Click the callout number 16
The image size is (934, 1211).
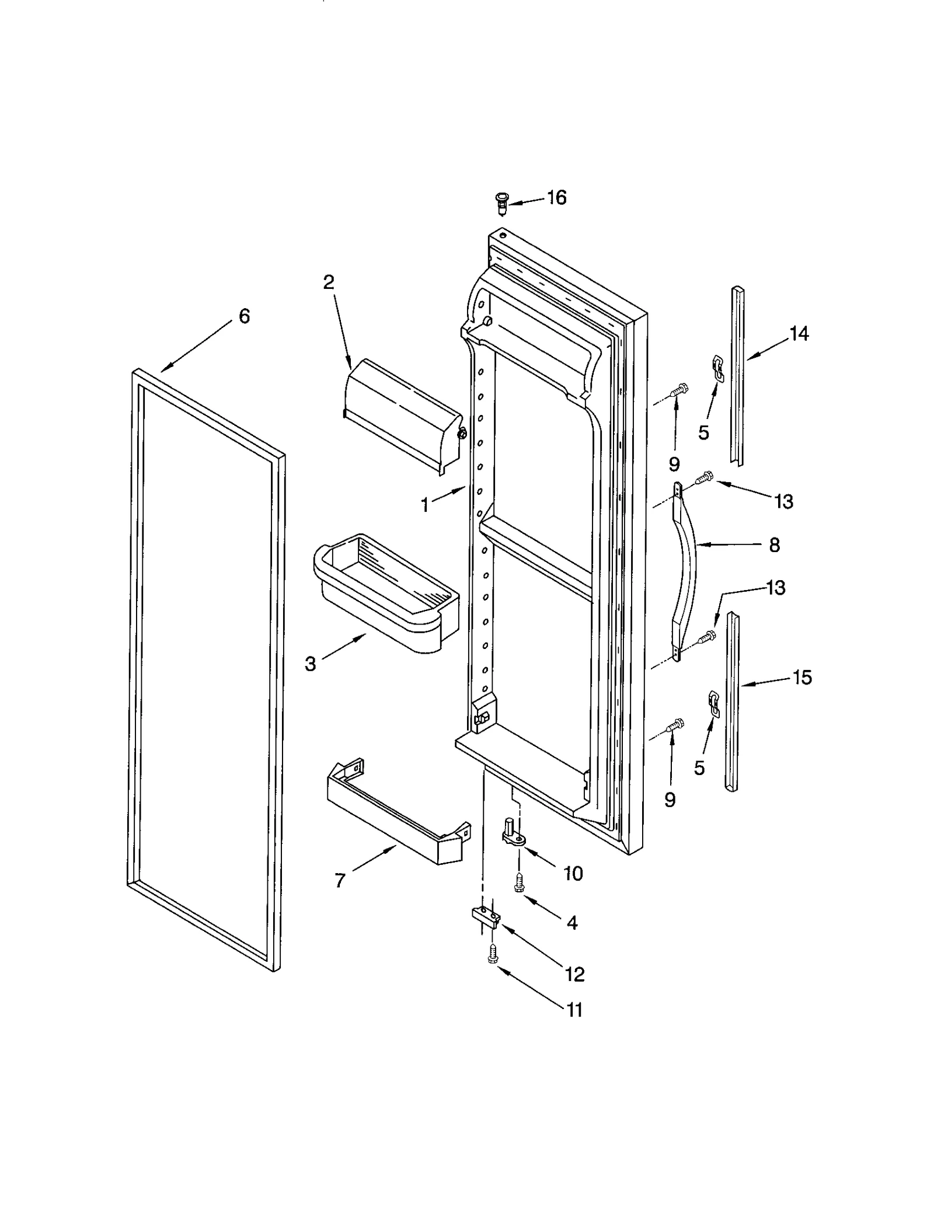556,198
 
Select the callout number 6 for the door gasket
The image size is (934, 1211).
244,316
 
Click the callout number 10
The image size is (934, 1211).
573,874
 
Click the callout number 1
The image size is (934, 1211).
425,505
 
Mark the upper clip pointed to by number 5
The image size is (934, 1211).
717,369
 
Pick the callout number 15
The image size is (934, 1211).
802,678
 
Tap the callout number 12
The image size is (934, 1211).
574,974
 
